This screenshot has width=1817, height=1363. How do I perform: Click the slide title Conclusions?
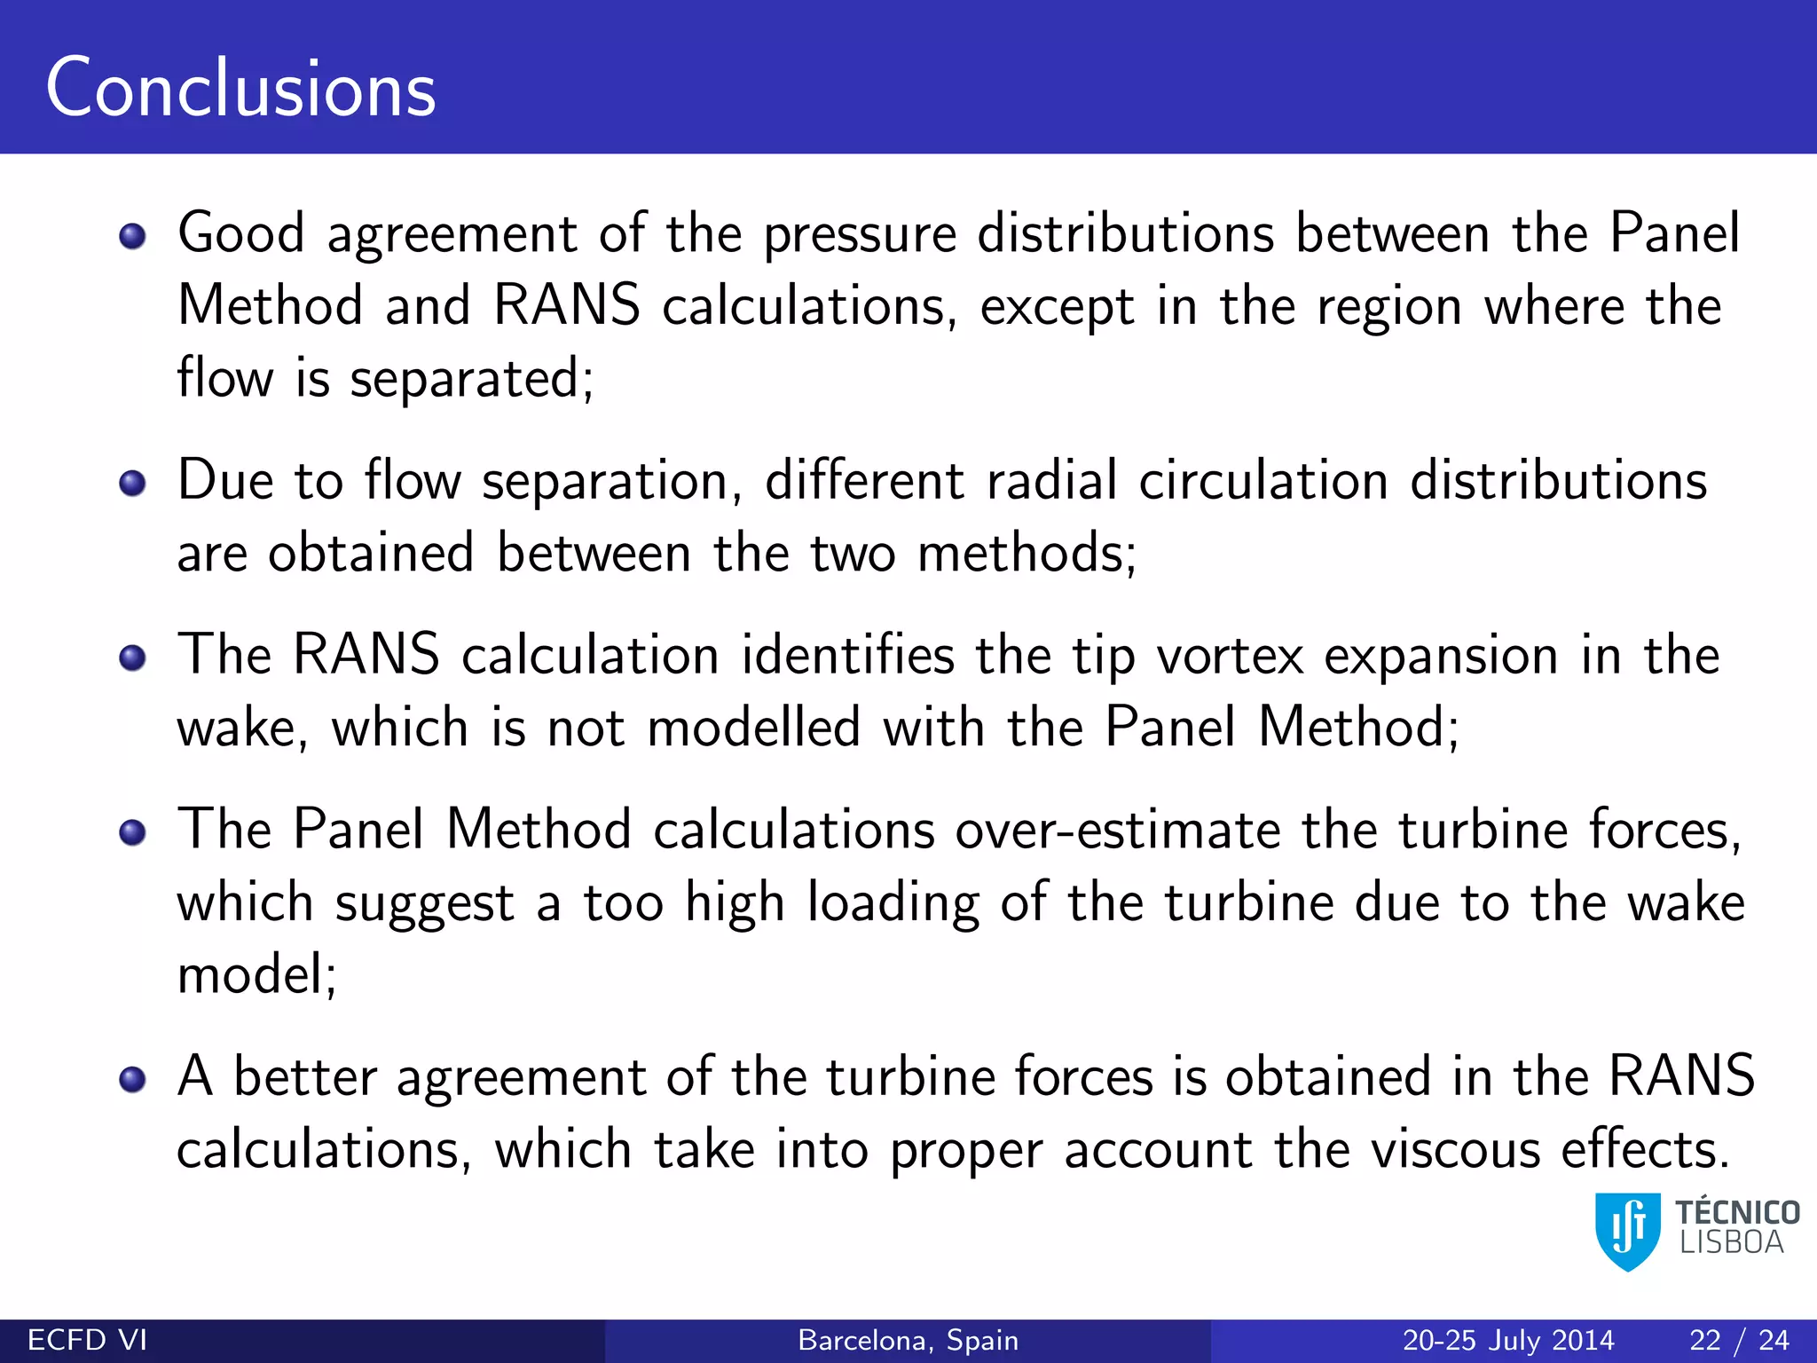[x=240, y=88]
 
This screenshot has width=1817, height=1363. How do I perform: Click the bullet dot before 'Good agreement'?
[x=133, y=237]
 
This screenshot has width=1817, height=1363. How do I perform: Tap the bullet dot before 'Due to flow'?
[x=133, y=484]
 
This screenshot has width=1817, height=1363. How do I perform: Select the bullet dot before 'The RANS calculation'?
[x=133, y=658]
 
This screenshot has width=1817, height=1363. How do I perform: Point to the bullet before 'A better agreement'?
[x=133, y=1079]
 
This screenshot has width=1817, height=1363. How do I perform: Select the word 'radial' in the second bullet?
[x=1051, y=482]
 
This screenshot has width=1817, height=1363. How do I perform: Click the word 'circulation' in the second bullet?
[x=1263, y=482]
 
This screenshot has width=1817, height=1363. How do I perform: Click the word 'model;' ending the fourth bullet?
[x=257, y=975]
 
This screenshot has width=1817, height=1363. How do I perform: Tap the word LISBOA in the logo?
[x=1731, y=1243]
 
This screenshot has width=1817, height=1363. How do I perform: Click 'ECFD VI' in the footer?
[x=87, y=1340]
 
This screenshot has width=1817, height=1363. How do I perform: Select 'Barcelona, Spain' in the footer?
[x=908, y=1340]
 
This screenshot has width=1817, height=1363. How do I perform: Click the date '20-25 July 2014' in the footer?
[x=1508, y=1340]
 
